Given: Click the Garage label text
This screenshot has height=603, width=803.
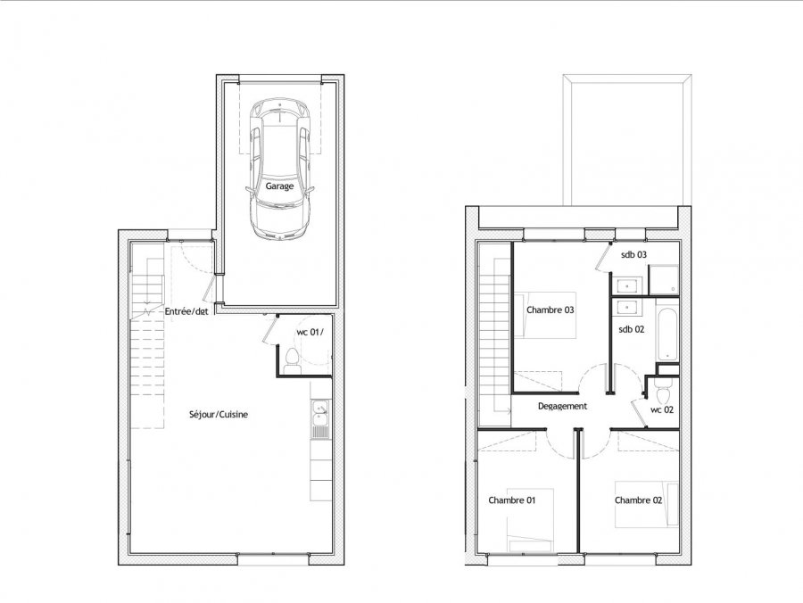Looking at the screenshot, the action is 279,186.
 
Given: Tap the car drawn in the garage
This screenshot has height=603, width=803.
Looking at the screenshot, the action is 279,169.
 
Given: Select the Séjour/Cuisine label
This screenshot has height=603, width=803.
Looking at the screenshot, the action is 219,415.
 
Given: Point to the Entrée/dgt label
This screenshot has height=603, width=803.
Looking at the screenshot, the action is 186,311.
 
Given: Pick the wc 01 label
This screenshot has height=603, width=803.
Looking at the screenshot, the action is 310,332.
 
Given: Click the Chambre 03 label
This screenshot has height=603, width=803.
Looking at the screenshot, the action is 550,310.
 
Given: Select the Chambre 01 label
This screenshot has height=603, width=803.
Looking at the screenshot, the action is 511,500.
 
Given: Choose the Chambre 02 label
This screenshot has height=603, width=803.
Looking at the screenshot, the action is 639,500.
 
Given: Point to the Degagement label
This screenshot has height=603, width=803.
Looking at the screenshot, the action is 562,407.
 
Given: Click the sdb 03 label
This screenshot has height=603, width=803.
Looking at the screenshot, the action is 634,254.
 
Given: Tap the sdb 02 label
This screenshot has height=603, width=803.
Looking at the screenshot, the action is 632,330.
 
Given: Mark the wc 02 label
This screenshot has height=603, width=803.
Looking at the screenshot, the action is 662,410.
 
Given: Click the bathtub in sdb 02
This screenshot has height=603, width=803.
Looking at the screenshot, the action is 667,335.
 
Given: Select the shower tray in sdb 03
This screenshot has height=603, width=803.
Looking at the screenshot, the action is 664,280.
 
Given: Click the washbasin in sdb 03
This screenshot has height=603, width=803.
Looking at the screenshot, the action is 625,285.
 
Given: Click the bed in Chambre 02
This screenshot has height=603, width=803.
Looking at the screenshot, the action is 647,504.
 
